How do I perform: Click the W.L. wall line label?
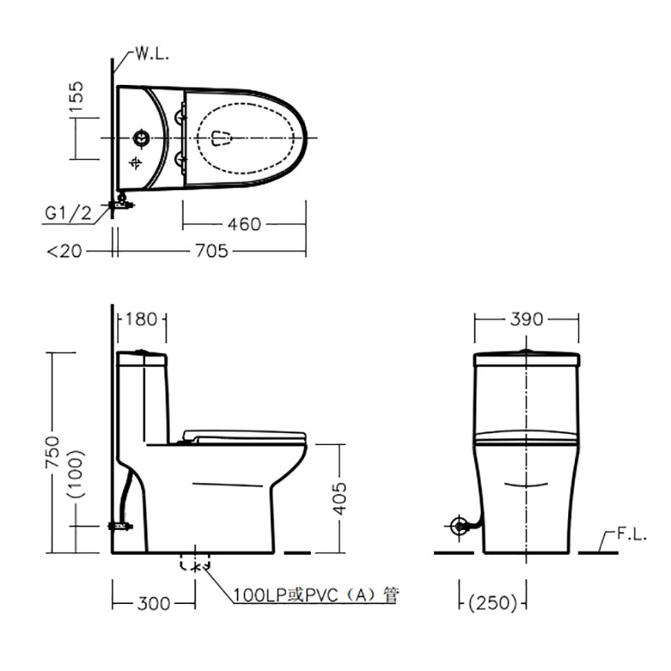(152, 54)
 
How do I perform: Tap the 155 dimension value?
(76, 97)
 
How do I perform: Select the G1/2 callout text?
(69, 212)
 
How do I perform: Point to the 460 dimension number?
(244, 224)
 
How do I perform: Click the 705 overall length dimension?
(211, 251)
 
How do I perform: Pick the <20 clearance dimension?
(65, 251)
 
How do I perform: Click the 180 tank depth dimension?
(142, 319)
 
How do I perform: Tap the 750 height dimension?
(53, 452)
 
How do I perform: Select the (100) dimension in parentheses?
(76, 474)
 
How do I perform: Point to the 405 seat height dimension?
(340, 499)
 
